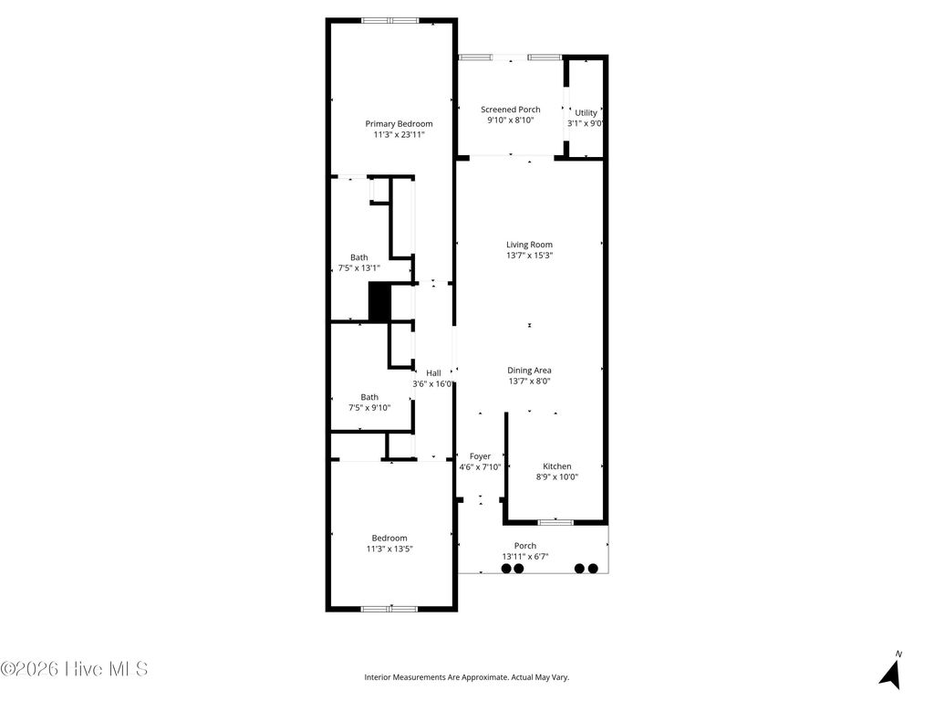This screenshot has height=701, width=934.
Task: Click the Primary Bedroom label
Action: [x=399, y=123]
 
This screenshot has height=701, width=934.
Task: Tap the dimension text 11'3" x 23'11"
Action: [x=399, y=135]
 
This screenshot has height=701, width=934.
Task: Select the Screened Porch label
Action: [x=510, y=110]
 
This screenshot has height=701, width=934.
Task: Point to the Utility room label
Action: [x=586, y=113]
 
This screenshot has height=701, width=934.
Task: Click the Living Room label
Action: [x=529, y=245]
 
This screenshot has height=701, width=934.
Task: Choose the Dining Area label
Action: [x=529, y=371]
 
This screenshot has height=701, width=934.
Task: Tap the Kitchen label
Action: [x=556, y=466]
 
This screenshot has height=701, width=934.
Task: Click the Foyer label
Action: [x=480, y=456]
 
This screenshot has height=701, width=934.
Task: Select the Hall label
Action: [x=433, y=373]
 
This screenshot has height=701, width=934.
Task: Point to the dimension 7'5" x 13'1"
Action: [x=359, y=268]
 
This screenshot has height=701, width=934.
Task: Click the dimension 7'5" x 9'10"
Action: [x=369, y=408]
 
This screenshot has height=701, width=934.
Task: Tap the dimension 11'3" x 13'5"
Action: [x=389, y=549]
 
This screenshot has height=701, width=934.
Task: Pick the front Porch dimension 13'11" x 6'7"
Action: [x=524, y=557]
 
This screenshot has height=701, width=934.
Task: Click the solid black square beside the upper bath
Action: [x=379, y=301]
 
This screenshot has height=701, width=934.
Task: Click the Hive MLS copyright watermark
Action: [x=75, y=669]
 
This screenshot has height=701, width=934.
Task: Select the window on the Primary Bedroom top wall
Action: [x=390, y=20]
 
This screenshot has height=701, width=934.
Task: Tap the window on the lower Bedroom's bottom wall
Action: [x=389, y=608]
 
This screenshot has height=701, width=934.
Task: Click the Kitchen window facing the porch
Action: [x=555, y=522]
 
